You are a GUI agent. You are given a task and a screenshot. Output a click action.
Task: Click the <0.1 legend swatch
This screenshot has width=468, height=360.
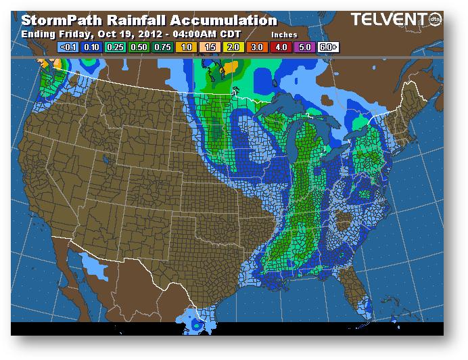pos(68,47)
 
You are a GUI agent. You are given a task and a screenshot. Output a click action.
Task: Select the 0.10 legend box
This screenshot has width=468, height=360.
pos(92,47)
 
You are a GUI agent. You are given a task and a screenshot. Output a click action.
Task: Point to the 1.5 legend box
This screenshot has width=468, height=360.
pos(210,47)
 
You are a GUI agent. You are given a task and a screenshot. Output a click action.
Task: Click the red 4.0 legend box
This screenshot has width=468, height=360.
pos(281,47)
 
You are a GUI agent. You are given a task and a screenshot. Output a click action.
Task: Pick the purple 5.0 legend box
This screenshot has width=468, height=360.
pos(305,47)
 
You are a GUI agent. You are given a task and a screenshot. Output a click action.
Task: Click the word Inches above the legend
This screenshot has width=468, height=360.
pos(284,34)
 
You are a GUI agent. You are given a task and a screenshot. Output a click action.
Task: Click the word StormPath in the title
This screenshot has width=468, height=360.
pos(60,20)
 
